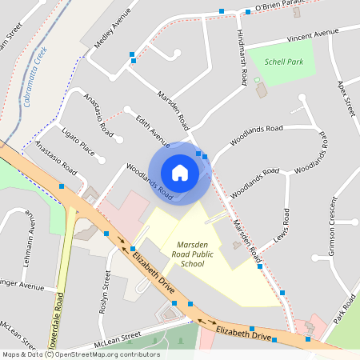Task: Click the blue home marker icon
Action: (180, 172)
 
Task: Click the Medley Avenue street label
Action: (112, 29)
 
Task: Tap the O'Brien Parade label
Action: (277, 8)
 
